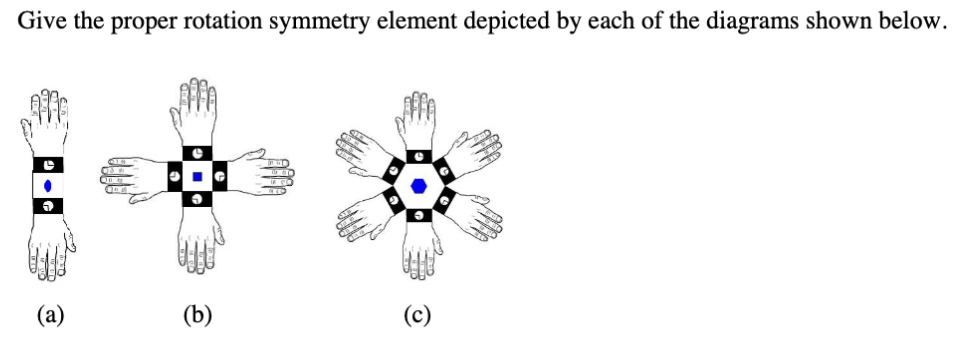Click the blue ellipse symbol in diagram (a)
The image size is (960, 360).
pyautogui.click(x=48, y=185)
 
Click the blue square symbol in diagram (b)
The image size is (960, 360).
pyautogui.click(x=197, y=177)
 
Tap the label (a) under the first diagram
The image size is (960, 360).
pyautogui.click(x=49, y=317)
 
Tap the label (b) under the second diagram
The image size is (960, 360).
pyautogui.click(x=197, y=317)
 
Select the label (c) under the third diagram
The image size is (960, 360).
pyautogui.click(x=417, y=317)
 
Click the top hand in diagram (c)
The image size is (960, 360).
pyautogui.click(x=418, y=120)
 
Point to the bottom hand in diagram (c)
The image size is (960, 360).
pyautogui.click(x=418, y=255)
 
